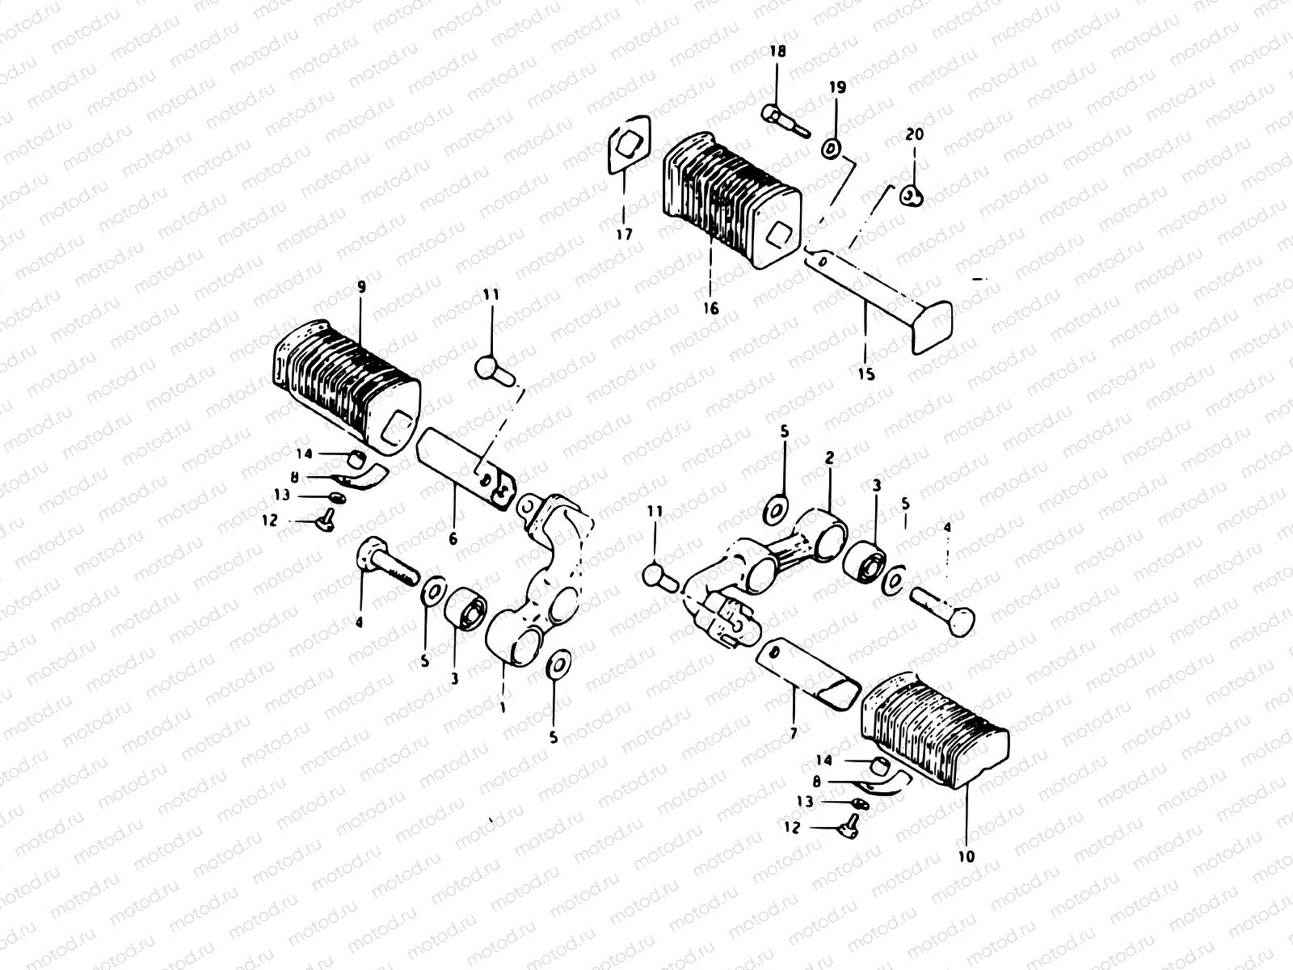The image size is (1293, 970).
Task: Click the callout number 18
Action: tap(777, 51)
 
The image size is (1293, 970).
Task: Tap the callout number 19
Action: tap(837, 87)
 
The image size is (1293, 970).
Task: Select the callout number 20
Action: tap(914, 134)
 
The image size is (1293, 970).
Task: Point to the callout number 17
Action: tap(625, 234)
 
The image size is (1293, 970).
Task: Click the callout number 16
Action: tap(711, 307)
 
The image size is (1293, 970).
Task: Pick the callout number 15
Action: tap(866, 374)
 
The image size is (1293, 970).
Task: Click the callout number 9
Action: tap(361, 287)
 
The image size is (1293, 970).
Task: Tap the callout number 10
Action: tap(966, 856)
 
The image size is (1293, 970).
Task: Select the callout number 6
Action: tap(453, 538)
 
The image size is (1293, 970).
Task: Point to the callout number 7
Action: tap(794, 733)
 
